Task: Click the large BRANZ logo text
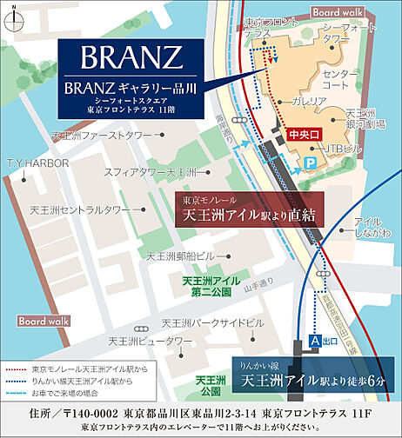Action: point(131,58)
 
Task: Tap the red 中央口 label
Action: point(303,135)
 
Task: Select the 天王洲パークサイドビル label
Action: point(205,323)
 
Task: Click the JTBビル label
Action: point(333,149)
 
